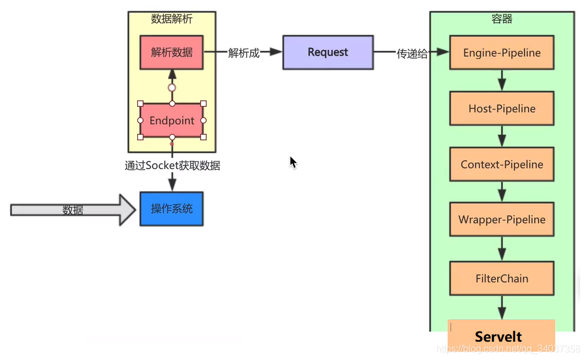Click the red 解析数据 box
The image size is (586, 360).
click(x=171, y=52)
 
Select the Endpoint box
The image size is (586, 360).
click(x=171, y=121)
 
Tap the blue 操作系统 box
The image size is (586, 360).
click(x=171, y=209)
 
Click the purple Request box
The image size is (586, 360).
click(x=328, y=52)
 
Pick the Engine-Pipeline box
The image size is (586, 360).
click(x=501, y=53)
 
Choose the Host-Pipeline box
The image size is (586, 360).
click(x=501, y=109)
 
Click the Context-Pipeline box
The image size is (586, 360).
click(x=501, y=164)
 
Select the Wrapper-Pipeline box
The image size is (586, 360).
click(x=501, y=219)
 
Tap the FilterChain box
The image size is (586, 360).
click(x=501, y=278)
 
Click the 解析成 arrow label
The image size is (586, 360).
click(x=244, y=53)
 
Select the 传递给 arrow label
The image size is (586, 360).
click(x=412, y=54)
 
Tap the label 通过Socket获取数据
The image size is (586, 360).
click(x=172, y=166)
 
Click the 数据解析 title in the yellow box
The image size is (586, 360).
click(x=171, y=19)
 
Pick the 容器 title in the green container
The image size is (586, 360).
click(x=501, y=19)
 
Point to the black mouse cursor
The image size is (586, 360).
click(x=293, y=162)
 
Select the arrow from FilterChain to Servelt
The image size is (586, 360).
click(x=501, y=308)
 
